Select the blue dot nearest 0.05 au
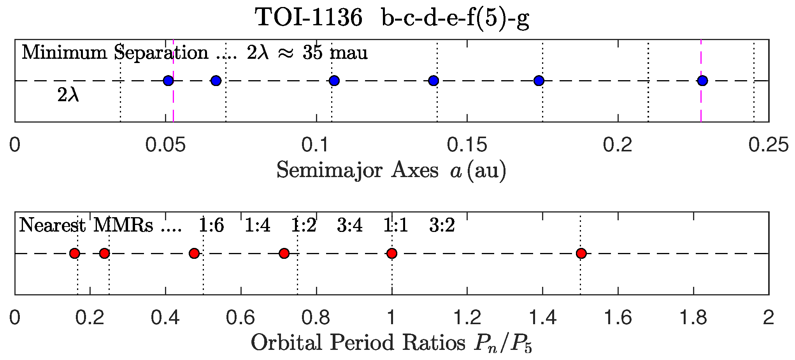click(168, 81)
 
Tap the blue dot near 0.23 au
click(702, 81)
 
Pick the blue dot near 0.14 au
click(433, 81)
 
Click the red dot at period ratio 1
click(392, 253)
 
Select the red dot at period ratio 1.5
click(581, 253)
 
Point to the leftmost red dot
click(75, 253)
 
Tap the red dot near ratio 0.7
click(284, 253)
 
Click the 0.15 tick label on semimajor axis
click(467, 145)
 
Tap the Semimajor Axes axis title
click(391, 170)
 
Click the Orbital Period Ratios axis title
click(391, 343)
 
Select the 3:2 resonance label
click(442, 225)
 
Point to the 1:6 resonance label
click(211, 225)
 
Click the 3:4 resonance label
click(350, 225)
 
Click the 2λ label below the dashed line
click(68, 95)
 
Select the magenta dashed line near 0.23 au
click(701, 105)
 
